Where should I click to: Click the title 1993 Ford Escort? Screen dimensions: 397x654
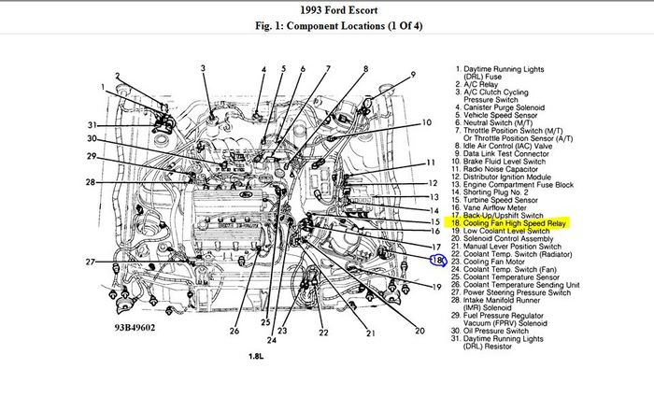point(326,10)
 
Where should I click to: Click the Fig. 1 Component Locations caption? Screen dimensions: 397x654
point(326,28)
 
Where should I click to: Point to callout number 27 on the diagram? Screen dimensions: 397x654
point(92,262)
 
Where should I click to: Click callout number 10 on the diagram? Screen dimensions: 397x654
point(427,122)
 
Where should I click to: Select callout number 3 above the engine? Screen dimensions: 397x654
point(203,69)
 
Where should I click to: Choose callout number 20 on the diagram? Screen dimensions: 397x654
point(419,330)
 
